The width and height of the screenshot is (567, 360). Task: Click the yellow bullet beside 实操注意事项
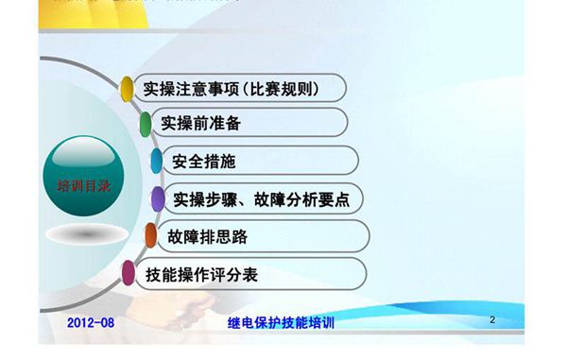(x=128, y=89)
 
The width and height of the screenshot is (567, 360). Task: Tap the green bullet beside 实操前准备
(x=146, y=124)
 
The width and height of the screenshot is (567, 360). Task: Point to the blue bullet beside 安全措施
(x=156, y=161)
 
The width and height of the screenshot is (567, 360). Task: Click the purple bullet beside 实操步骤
(x=157, y=199)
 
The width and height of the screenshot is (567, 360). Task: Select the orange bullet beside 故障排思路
(x=149, y=236)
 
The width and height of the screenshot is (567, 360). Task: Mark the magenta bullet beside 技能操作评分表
(x=129, y=275)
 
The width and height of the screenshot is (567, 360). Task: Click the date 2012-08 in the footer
(x=91, y=323)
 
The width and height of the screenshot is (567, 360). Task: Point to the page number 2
(x=492, y=320)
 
